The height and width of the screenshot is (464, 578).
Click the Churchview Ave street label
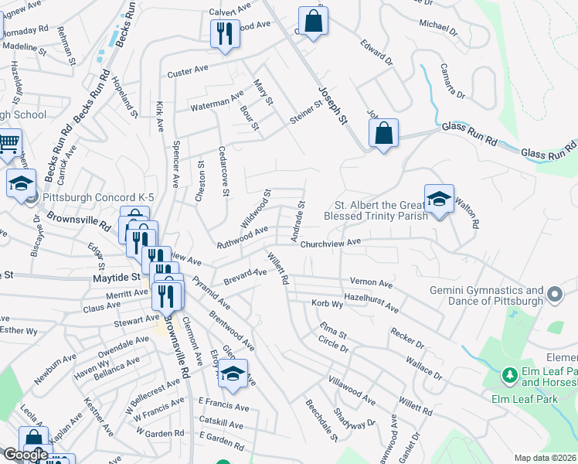[x=331, y=242]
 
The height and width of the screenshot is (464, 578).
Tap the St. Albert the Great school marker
[x=438, y=200]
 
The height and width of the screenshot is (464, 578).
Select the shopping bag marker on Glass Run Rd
[x=383, y=134]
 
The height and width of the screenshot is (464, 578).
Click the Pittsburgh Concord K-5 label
[x=98, y=197]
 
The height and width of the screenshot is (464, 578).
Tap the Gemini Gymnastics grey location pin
[x=554, y=294]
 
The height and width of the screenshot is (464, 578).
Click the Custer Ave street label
[x=189, y=73]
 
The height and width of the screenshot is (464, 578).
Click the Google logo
[x=25, y=455]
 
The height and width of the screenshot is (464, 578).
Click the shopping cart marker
[x=8, y=143]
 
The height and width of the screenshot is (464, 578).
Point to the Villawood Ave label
[x=352, y=380]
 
